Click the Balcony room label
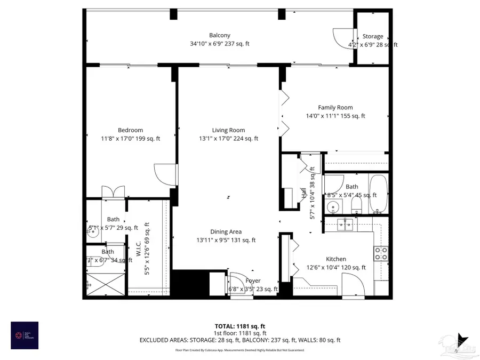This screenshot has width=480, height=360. tap(220, 36)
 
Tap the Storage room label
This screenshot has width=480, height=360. tap(373, 36)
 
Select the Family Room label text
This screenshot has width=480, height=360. tap(335, 107)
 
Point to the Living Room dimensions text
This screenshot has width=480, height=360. tap(228, 139)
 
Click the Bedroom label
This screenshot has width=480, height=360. tap(131, 130)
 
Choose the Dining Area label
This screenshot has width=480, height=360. tap(226, 231)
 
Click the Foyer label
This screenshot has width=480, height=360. tap(253, 281)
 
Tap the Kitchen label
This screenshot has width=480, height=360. tap(336, 259)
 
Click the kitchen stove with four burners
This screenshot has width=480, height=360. tap(381, 253)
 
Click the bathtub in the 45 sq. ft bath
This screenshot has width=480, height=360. tap(379, 194)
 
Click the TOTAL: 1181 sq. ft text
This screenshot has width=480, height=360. tap(239, 325)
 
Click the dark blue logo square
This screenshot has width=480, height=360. tap(25, 335)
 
